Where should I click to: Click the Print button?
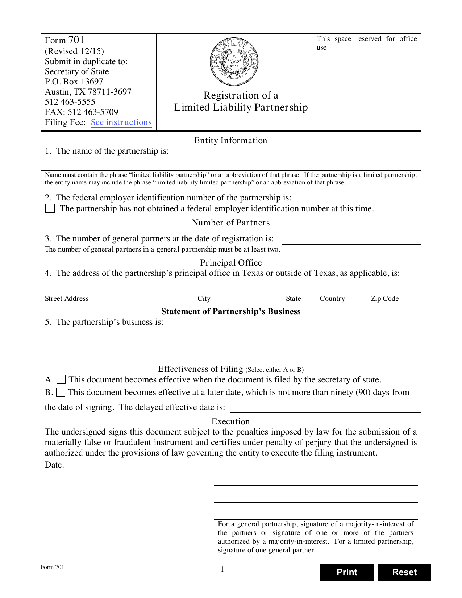346,572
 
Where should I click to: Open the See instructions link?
121,122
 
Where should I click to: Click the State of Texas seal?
234,62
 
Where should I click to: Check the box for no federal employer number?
50,208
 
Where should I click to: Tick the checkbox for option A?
61,379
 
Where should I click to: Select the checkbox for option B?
61,392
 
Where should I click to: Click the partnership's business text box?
231,343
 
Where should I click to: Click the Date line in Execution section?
115,466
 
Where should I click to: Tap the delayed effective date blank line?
325,408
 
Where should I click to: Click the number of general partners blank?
351,240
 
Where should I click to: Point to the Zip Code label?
384,299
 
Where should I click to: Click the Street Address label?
67,299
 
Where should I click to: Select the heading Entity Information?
230,140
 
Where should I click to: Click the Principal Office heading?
231,263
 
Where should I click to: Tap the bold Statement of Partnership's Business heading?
231,311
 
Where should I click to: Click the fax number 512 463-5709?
93,112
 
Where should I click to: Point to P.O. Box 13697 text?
74,82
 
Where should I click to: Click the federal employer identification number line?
361,199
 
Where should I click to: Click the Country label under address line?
332,299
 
